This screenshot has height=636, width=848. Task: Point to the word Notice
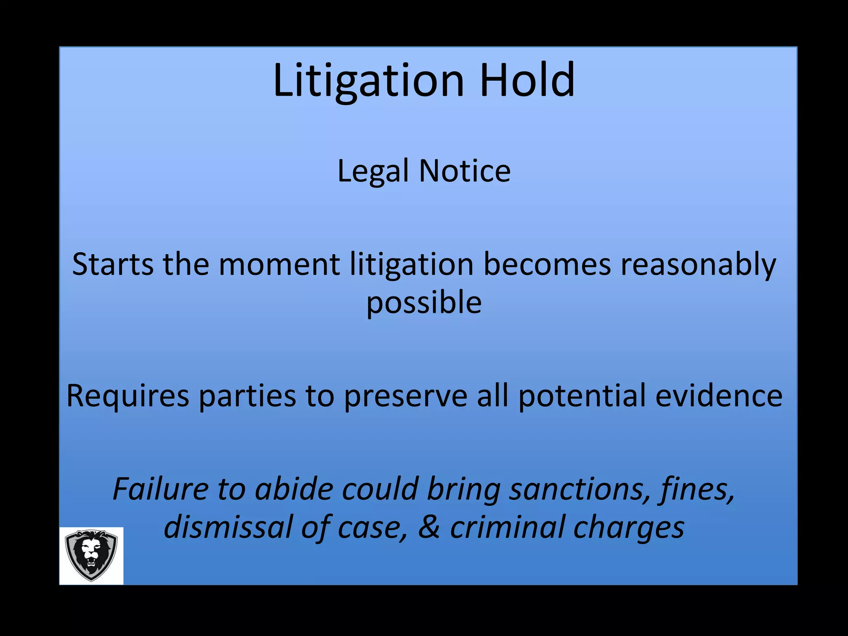(465, 171)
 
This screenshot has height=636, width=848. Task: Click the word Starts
(112, 264)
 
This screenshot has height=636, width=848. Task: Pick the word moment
(279, 264)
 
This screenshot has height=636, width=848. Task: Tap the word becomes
(547, 264)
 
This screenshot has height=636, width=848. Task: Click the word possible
(424, 303)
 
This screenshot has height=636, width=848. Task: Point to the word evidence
(719, 396)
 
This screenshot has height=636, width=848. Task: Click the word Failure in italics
(161, 489)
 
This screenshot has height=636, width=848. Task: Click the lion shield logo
(91, 555)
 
